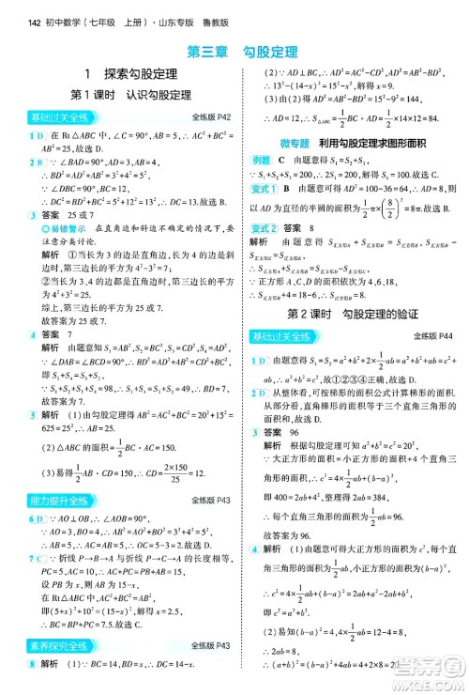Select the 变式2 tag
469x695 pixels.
click(264, 228)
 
